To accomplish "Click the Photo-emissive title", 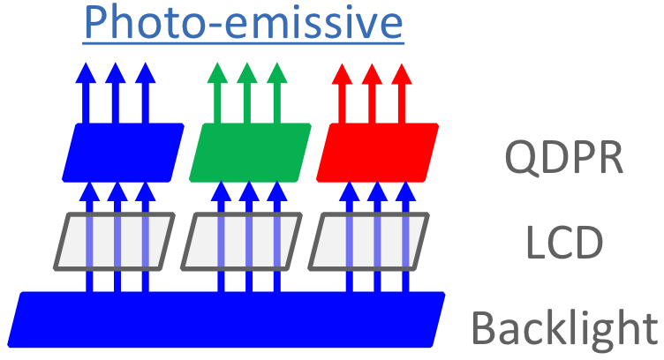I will pyautogui.click(x=244, y=24).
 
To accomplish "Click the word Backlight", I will pyautogui.click(x=565, y=327).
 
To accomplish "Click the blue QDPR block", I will pyautogui.click(x=123, y=150).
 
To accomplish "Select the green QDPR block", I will pyautogui.click(x=251, y=150).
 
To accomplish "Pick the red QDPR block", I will pyautogui.click(x=377, y=150).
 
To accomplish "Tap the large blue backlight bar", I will pyautogui.click(x=230, y=318).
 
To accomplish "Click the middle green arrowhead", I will pyautogui.click(x=246, y=73).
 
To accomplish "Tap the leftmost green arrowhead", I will pyautogui.click(x=216, y=73).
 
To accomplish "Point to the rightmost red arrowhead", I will pyautogui.click(x=403, y=73).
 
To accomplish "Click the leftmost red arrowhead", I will pyautogui.click(x=343, y=73).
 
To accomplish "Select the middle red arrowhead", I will pyautogui.click(x=373, y=73).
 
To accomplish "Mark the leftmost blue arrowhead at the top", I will pyautogui.click(x=86, y=73).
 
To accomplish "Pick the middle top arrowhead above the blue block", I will pyautogui.click(x=116, y=73).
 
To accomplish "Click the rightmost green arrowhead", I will pyautogui.click(x=276, y=73).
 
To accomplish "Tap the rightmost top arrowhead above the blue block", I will pyautogui.click(x=146, y=73).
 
